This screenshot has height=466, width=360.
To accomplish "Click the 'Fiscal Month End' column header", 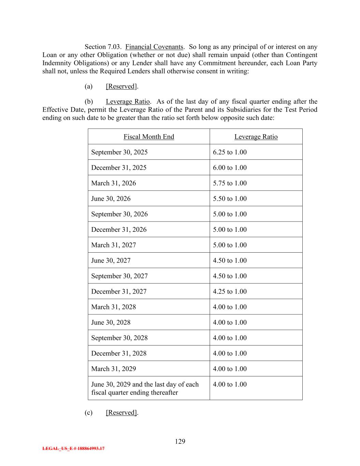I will [149, 137].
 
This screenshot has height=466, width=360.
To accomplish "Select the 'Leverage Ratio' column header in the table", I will [256, 137].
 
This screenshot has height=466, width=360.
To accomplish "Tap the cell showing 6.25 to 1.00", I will [230, 152].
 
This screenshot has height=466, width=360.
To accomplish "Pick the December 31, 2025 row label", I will [119, 168].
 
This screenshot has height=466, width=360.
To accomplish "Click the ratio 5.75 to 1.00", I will [230, 183].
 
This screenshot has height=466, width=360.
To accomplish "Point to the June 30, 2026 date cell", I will [111, 199].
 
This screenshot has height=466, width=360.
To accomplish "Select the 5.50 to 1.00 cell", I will [230, 199].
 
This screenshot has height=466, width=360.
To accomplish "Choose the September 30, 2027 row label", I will [119, 276].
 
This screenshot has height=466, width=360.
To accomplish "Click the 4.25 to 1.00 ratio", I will [230, 292].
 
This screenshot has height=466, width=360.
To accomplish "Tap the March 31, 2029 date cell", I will [114, 369].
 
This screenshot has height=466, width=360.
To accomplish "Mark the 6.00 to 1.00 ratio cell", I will [230, 168].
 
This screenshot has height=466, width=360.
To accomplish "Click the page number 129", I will [180, 441].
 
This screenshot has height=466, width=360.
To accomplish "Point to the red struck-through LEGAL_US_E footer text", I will [73, 449].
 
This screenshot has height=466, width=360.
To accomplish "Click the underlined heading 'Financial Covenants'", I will [155, 47].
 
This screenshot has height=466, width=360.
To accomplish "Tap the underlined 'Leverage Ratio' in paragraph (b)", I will [128, 102].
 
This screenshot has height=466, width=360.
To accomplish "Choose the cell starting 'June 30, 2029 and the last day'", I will [145, 389].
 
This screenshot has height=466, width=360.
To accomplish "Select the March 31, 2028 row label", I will [114, 307].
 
